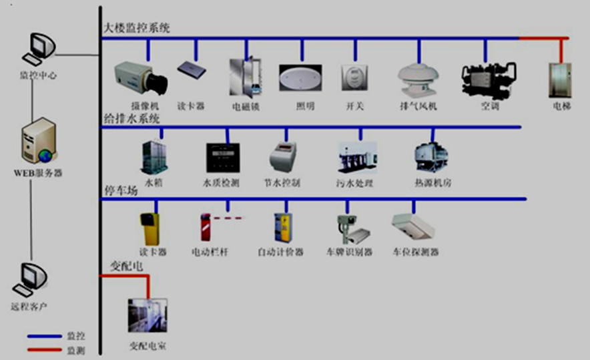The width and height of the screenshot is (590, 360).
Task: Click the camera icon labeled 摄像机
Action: pyautogui.click(x=140, y=79)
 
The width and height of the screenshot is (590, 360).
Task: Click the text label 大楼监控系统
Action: pyautogui.click(x=137, y=28)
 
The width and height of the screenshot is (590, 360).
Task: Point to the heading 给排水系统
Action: pyautogui.click(x=131, y=118)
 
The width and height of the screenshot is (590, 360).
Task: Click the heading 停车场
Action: pyautogui.click(x=120, y=190)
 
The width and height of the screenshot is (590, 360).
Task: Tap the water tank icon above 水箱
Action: pyautogui.click(x=154, y=158)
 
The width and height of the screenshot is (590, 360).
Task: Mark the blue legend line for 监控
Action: pyautogui.click(x=44, y=337)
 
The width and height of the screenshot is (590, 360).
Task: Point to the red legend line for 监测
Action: pyautogui.click(x=44, y=349)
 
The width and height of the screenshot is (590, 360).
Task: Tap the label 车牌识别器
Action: pyautogui.click(x=349, y=252)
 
